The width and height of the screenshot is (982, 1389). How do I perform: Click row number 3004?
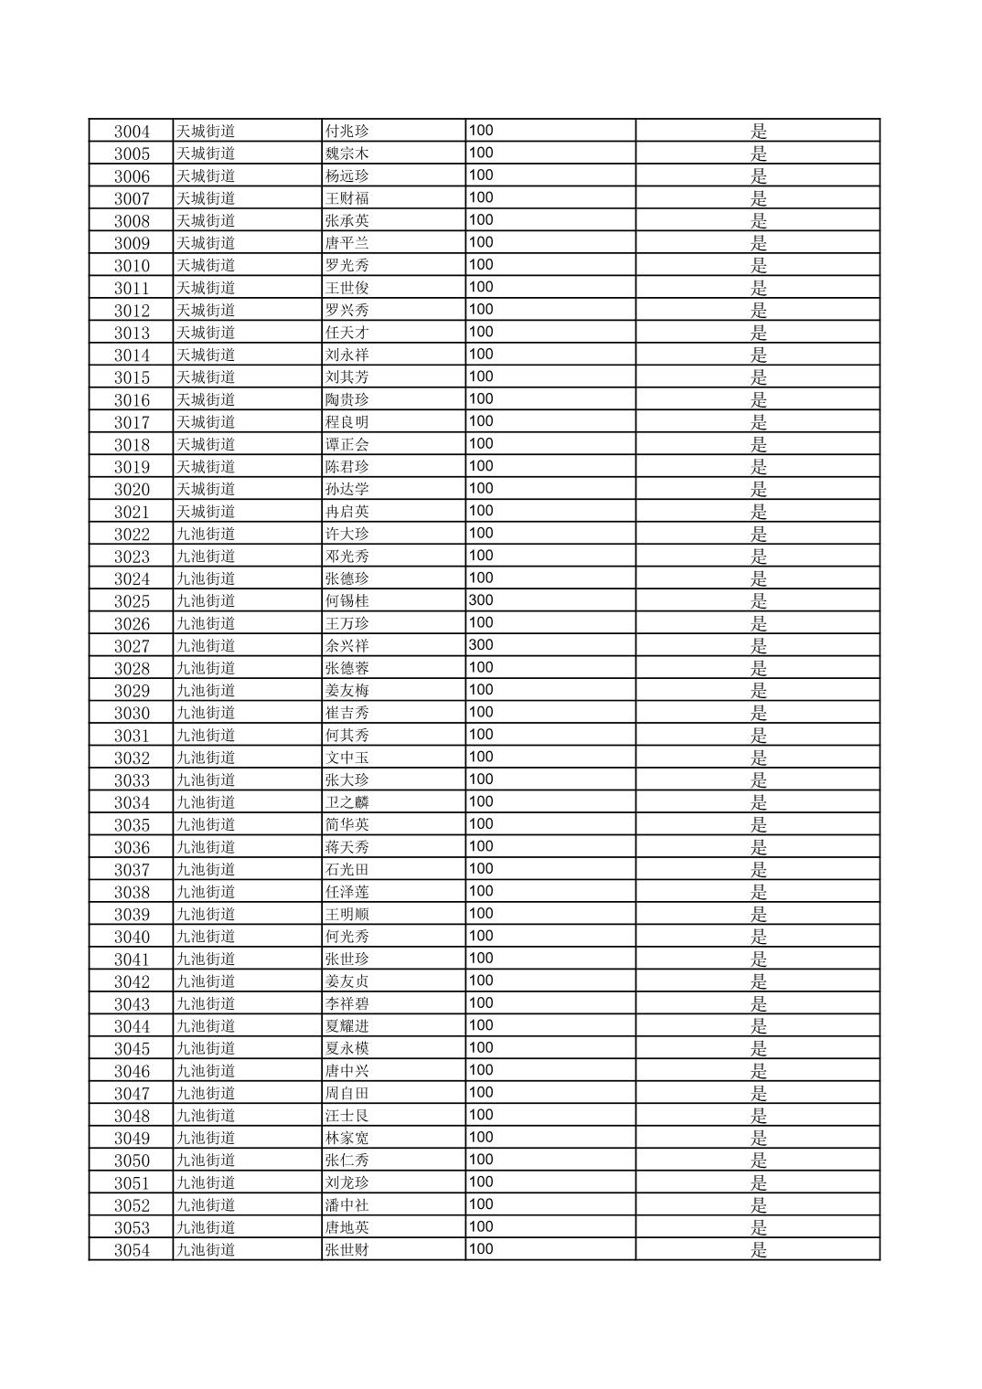click(x=132, y=132)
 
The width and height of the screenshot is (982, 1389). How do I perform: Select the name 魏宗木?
click(x=347, y=154)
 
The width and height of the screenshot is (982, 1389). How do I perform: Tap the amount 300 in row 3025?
click(x=481, y=600)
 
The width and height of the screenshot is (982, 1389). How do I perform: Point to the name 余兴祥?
click(x=347, y=646)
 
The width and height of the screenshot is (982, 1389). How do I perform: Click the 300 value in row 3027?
click(x=481, y=645)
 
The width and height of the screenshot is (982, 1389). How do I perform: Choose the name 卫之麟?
click(x=347, y=802)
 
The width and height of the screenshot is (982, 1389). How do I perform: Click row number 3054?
click(x=132, y=1250)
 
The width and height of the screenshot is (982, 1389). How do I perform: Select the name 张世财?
click(x=347, y=1250)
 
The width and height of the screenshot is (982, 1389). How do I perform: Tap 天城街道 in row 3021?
click(x=206, y=512)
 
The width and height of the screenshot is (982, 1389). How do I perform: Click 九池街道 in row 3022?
click(x=206, y=534)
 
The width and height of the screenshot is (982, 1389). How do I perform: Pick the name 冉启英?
click(x=347, y=512)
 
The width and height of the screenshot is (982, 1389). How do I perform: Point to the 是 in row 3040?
click(x=759, y=937)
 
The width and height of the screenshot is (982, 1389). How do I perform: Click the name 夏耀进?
click(x=347, y=1026)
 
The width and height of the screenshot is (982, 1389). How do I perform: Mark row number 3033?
click(x=132, y=780)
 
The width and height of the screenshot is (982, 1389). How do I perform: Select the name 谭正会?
click(x=347, y=445)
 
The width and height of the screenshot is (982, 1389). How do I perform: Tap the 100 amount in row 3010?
click(x=481, y=265)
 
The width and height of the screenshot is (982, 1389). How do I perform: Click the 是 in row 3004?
click(x=759, y=132)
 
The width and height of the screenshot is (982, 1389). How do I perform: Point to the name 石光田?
click(x=347, y=870)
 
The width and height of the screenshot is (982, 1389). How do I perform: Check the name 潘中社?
click(x=347, y=1205)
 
